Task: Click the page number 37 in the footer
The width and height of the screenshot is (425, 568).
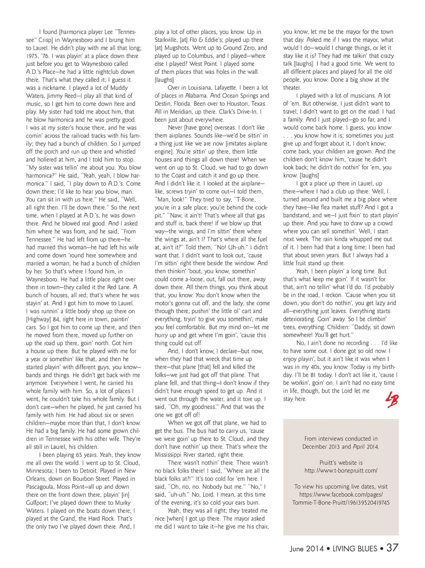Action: [392, 548]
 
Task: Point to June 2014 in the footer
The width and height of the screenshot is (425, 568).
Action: [307, 549]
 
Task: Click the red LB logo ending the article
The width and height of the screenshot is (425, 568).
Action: [392, 399]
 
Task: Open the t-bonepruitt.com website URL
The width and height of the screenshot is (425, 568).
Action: [341, 470]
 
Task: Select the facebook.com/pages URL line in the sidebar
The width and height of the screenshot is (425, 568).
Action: [341, 495]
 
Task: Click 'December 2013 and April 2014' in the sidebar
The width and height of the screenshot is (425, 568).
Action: [341, 447]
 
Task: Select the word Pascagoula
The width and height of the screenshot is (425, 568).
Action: [42, 487]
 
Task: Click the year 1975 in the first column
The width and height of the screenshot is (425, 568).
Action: [33, 56]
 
